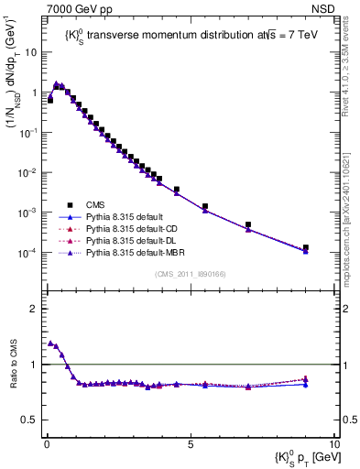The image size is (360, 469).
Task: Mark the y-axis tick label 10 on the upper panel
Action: pos(29,52)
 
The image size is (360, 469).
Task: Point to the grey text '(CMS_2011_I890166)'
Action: pos(189,273)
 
